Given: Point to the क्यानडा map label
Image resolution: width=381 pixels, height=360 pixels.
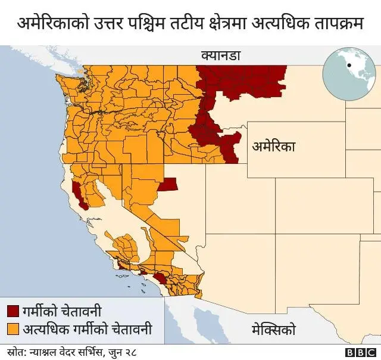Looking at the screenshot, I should [x=220, y=57].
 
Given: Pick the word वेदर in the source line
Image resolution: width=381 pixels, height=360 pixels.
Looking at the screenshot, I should [x=66, y=351].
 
